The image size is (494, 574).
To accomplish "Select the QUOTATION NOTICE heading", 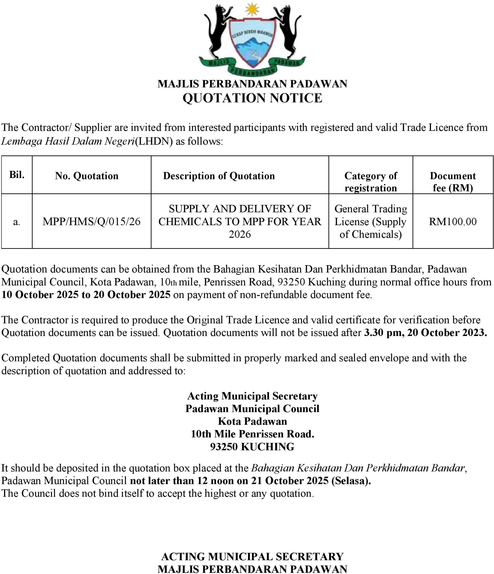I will tap(252, 98).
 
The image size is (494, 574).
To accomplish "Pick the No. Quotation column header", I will tap(87, 176).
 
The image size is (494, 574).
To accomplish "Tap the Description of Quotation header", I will tap(219, 176).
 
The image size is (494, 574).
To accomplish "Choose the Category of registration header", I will tap(370, 182).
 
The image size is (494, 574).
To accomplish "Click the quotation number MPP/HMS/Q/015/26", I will tap(91, 222).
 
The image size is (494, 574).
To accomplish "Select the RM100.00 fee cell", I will tap(453, 222).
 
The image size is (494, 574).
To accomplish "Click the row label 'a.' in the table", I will tap(17, 222).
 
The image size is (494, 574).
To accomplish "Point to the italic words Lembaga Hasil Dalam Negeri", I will tap(68, 141).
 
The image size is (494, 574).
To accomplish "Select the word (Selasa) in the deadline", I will tap(351, 480).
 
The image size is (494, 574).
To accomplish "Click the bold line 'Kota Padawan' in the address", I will tap(252, 421).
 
